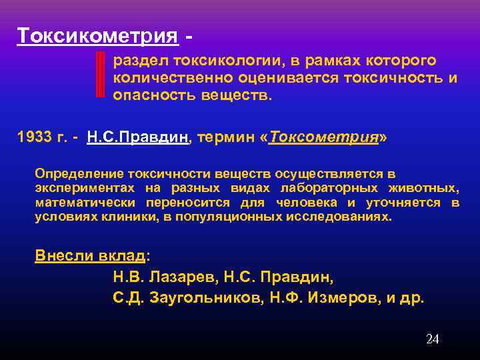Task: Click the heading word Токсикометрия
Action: coord(97,35)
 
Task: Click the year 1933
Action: coord(35,138)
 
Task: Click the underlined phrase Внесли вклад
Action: coord(89,255)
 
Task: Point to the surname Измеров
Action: coord(327,297)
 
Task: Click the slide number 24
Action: coord(432,339)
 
